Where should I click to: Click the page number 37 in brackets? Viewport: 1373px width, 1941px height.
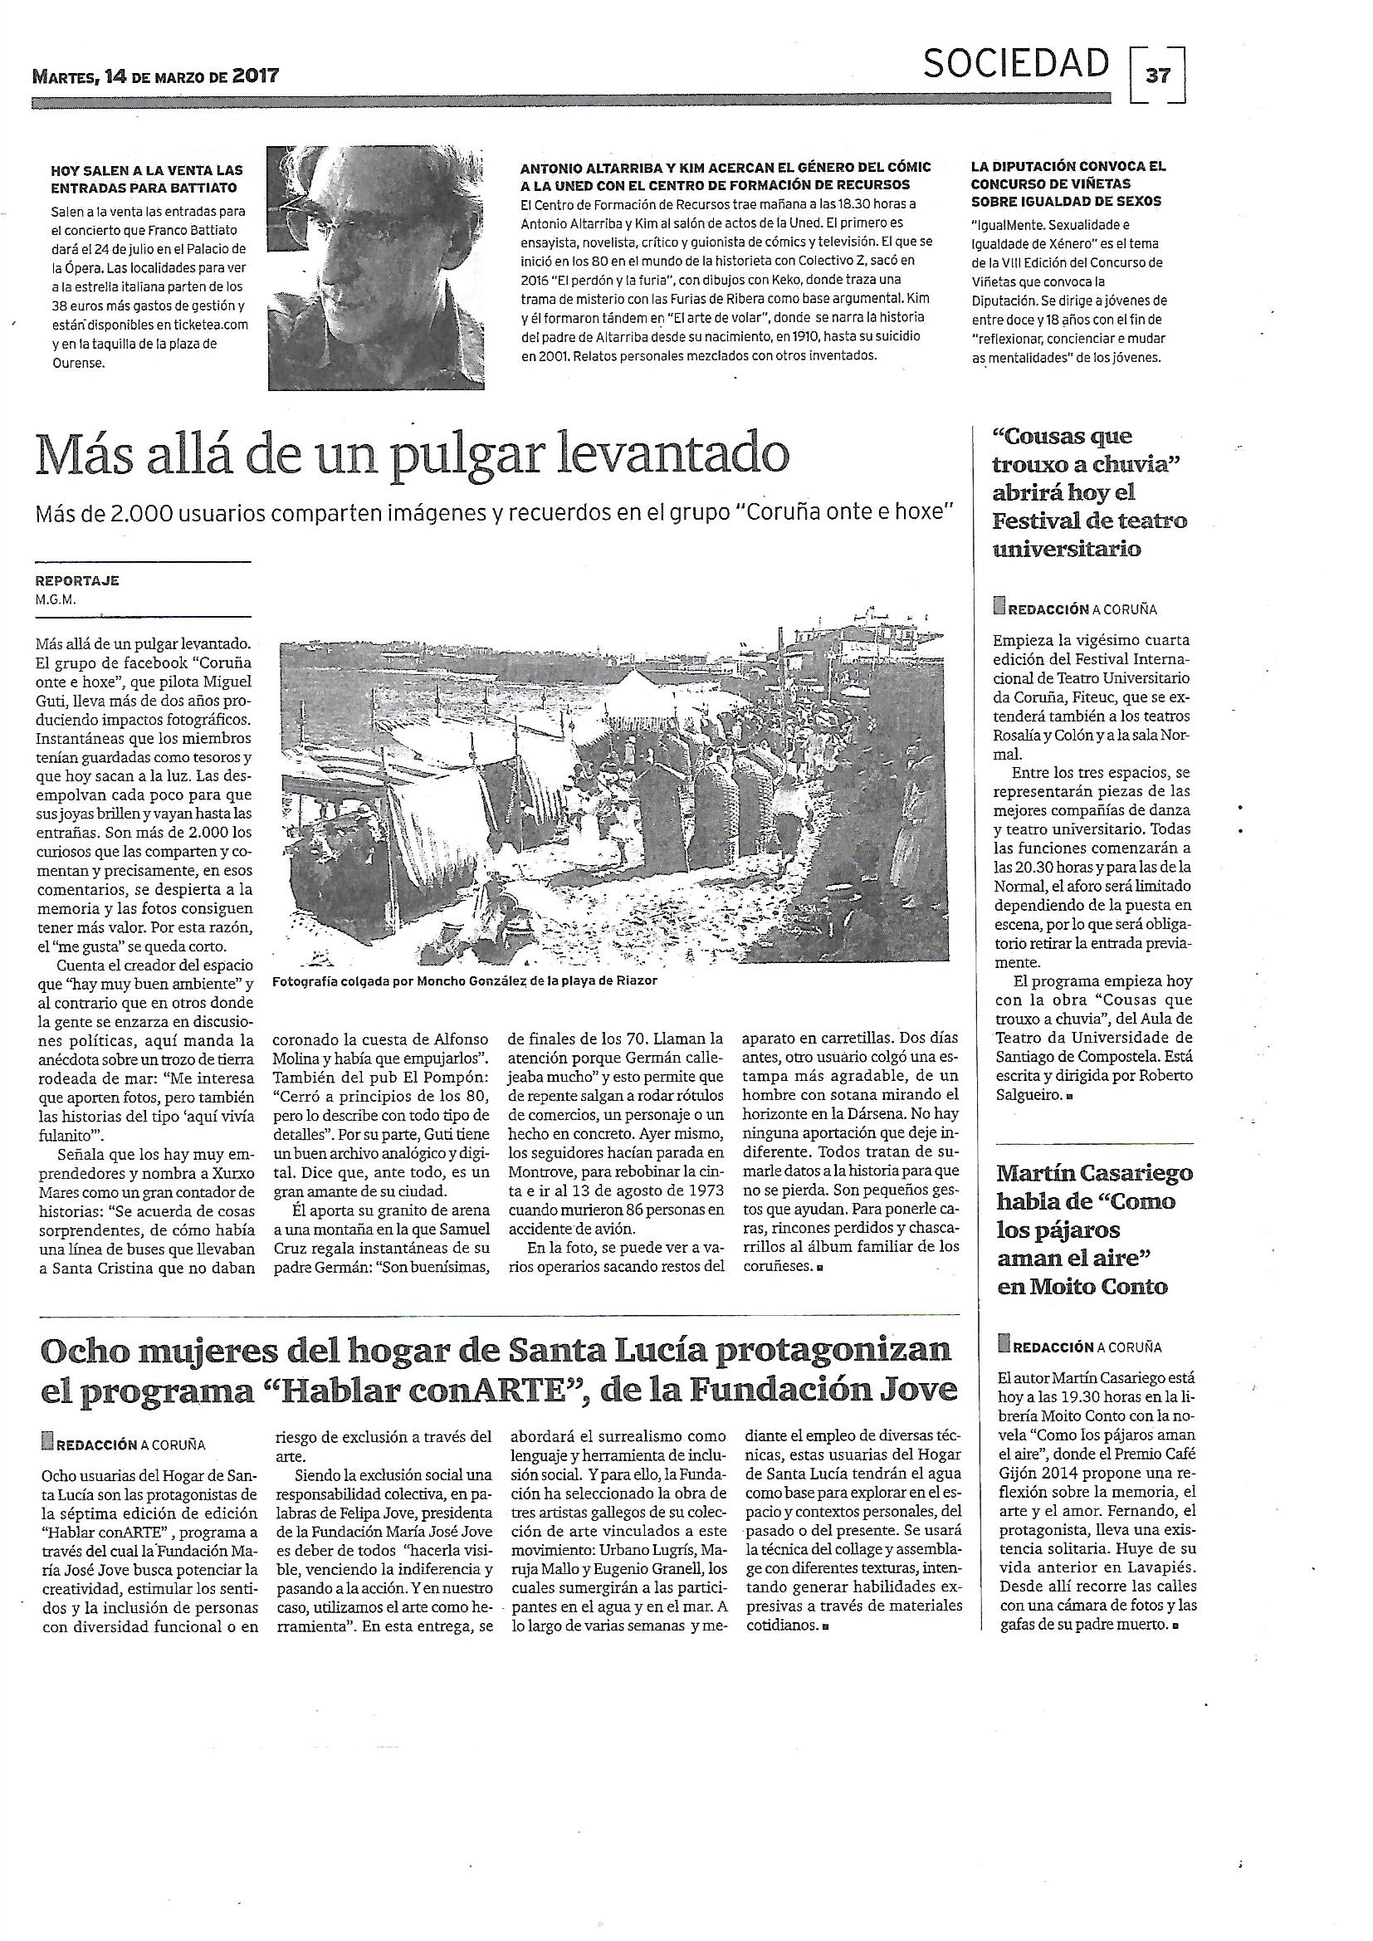point(1157,76)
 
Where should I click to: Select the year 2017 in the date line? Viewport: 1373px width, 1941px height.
point(256,76)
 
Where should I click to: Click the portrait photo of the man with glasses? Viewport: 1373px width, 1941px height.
point(376,268)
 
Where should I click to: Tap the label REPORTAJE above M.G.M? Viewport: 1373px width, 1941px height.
point(77,581)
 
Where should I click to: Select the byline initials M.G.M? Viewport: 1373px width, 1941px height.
point(55,599)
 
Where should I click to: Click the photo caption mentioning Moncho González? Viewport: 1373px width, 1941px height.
point(464,980)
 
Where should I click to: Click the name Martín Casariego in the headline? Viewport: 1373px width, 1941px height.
point(1096,1173)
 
